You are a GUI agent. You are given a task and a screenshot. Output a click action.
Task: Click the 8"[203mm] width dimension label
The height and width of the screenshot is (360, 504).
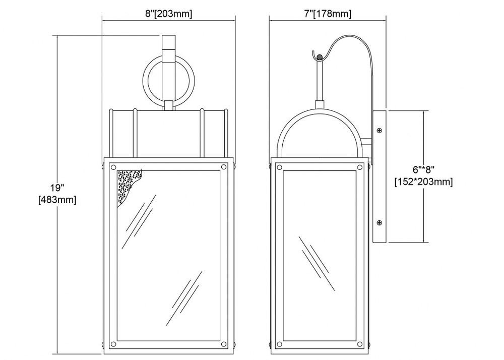[169, 14]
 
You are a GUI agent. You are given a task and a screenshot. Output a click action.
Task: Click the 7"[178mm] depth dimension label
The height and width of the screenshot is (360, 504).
[328, 14]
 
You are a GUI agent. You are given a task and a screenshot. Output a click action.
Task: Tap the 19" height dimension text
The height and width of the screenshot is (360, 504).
[57, 187]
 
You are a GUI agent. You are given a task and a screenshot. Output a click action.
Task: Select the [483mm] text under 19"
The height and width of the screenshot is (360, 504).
[57, 200]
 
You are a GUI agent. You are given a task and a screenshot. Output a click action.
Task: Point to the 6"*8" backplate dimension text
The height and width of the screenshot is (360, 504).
[424, 169]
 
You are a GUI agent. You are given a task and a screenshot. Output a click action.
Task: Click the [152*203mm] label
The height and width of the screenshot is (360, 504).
[424, 182]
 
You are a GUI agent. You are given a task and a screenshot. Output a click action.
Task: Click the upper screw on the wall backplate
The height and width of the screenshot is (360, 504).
[380, 130]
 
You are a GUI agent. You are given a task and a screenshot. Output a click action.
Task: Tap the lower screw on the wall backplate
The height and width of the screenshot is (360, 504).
[380, 222]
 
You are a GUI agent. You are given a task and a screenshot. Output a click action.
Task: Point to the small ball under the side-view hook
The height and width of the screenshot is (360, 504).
[319, 57]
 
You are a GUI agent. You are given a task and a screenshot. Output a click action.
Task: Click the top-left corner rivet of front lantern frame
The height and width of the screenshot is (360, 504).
[113, 167]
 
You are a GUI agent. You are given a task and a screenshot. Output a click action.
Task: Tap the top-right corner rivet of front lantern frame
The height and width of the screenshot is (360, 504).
[224, 167]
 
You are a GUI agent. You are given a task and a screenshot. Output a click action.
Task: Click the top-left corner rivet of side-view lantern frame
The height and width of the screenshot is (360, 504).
[279, 167]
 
